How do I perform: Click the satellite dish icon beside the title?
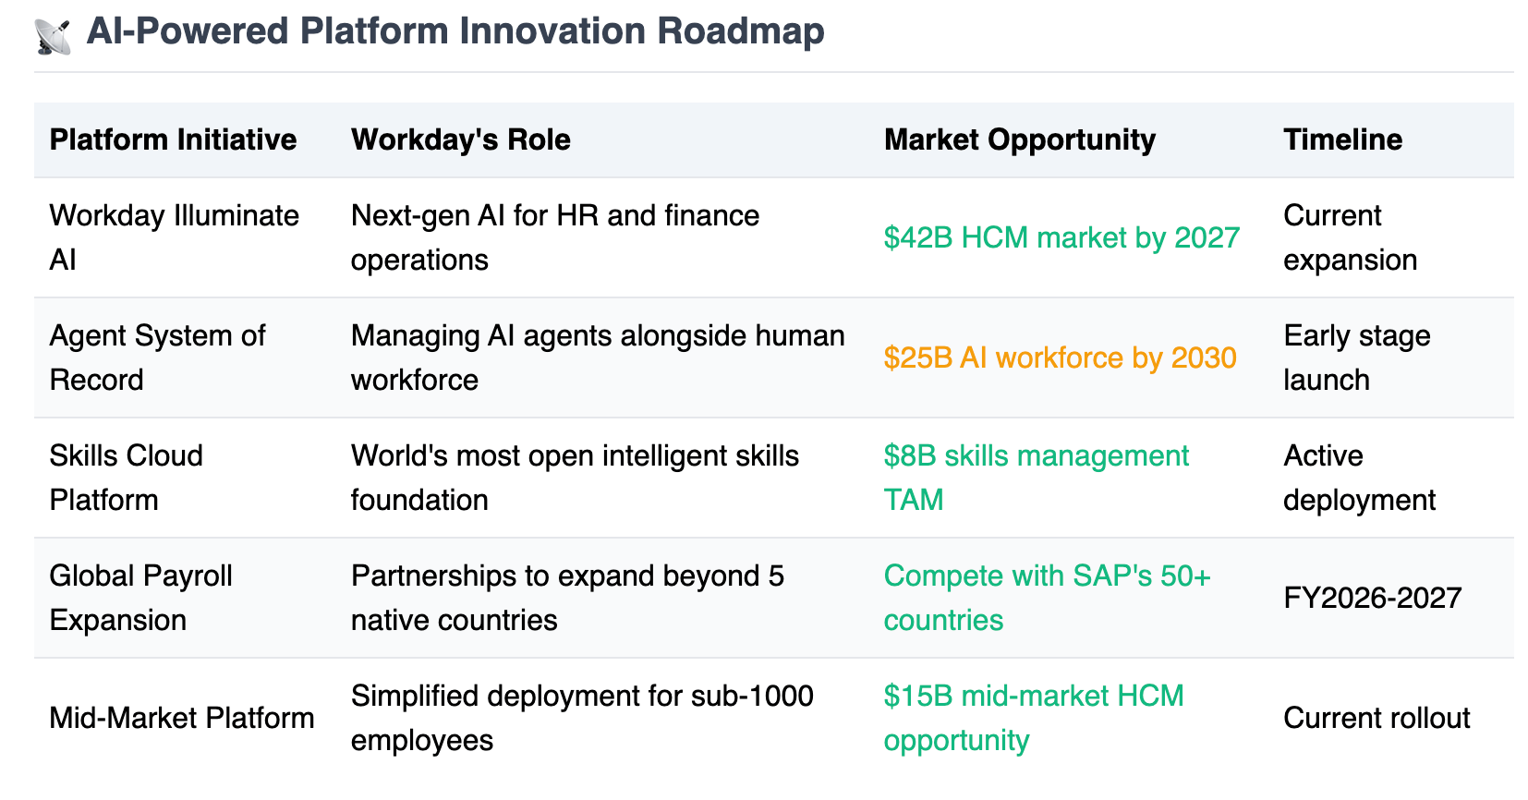coord(53,37)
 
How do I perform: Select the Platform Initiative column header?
coord(174,139)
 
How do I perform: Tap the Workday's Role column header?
coord(460,139)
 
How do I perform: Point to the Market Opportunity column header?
coord(1020,139)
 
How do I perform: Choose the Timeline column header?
coord(1342,139)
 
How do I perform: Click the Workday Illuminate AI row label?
coord(174,237)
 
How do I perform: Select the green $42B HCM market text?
coord(1061,238)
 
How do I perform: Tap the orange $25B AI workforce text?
coord(1060,358)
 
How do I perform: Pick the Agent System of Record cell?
coord(157,358)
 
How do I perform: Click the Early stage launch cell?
coord(1356,358)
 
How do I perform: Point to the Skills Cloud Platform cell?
coord(127,478)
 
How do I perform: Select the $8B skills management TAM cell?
coord(1037,478)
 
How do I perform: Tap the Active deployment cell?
coord(1359,478)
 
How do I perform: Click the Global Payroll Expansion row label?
coord(140,598)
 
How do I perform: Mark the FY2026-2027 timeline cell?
coord(1372,598)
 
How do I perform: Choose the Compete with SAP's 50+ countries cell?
coord(1047,598)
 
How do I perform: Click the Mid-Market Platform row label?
coord(181,718)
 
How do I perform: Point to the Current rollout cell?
coord(1376,718)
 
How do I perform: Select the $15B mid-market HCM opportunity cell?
coord(1034,718)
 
